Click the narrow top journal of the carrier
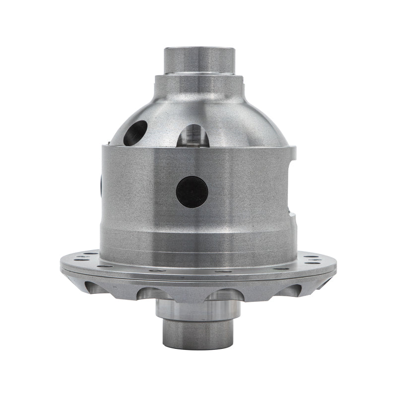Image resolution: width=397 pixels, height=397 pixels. (198, 61)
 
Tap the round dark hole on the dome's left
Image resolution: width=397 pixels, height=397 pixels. (135, 132)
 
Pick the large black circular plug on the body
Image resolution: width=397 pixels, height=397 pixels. (192, 192)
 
